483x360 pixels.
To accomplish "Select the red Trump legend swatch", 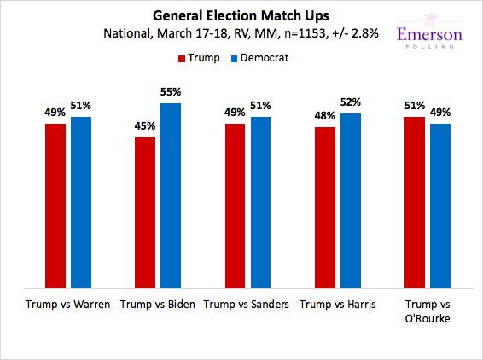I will pos(182,58).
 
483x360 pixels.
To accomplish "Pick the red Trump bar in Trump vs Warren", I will pos(55,205).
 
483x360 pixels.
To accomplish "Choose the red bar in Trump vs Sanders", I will pos(235,205).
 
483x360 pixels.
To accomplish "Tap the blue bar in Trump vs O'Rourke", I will pos(439,205).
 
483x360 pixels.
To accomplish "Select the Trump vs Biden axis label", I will pos(158,304).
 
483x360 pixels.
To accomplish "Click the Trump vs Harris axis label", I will pos(337,304).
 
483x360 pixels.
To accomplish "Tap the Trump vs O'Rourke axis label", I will pos(427,311).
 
